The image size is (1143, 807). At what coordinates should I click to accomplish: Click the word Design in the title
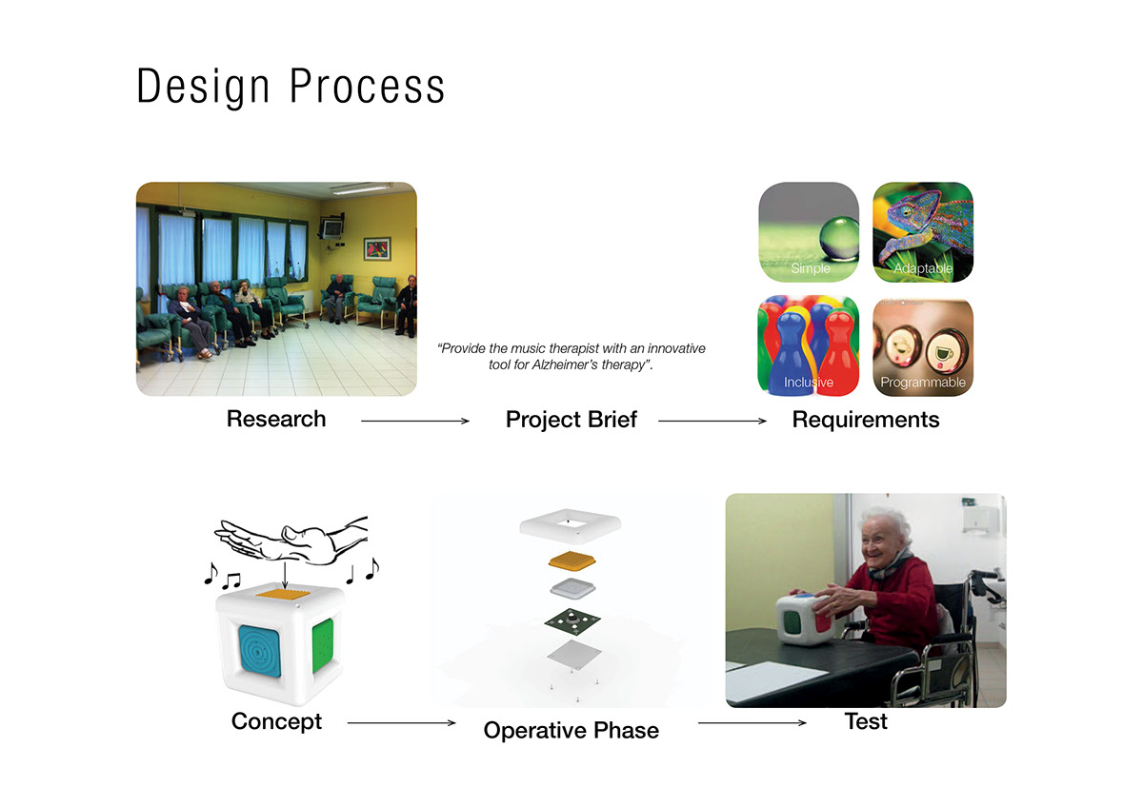click(x=203, y=87)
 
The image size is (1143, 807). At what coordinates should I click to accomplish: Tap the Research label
click(x=276, y=419)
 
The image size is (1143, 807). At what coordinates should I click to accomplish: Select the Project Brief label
click(x=571, y=420)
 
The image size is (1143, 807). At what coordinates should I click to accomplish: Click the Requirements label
click(x=866, y=420)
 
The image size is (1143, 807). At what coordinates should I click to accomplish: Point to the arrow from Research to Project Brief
click(x=415, y=421)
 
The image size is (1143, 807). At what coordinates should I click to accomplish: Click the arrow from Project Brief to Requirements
click(x=712, y=421)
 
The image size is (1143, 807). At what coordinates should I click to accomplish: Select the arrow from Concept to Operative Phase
click(x=402, y=723)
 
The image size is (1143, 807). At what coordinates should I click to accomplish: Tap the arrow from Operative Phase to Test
click(x=752, y=723)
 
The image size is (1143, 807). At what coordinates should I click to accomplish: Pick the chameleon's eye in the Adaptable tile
click(x=907, y=210)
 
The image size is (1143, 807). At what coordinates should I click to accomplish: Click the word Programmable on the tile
click(x=923, y=383)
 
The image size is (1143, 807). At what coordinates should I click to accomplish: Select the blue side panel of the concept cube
click(x=260, y=651)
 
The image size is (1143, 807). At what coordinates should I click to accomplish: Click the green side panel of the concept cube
click(x=323, y=645)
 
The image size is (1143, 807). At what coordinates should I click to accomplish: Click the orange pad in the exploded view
click(x=572, y=561)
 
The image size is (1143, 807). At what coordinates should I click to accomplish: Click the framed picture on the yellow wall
click(x=377, y=249)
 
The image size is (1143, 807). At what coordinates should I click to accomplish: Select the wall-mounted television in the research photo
click(x=331, y=228)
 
